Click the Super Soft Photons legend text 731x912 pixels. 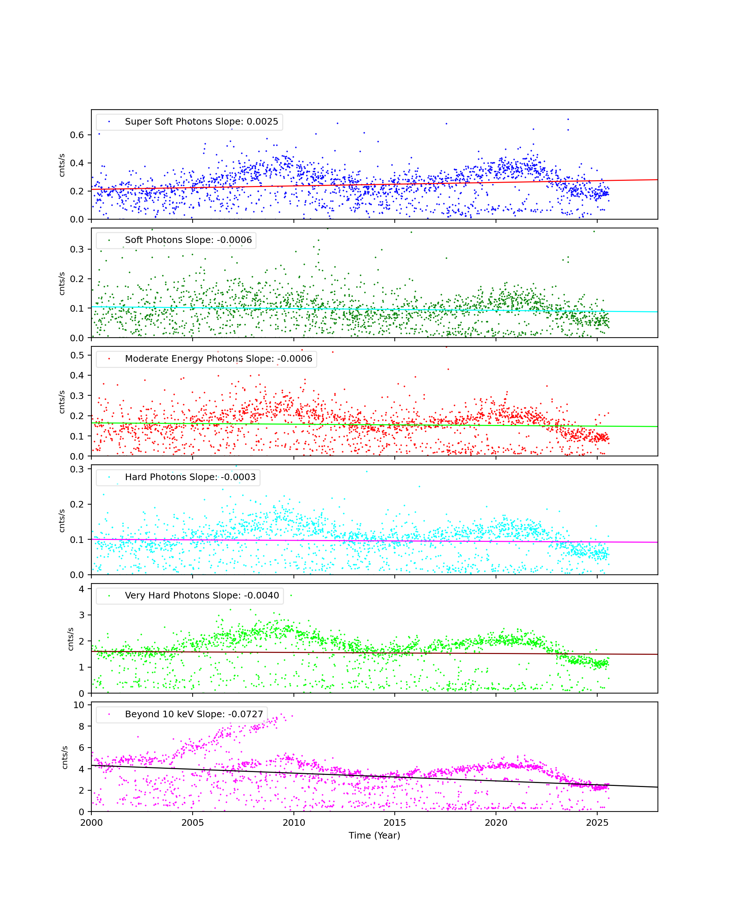click(x=201, y=122)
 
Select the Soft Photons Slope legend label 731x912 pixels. click(x=188, y=240)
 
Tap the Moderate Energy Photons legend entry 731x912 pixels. click(x=218, y=359)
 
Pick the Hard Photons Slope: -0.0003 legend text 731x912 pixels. click(x=190, y=477)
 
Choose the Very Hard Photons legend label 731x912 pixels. click(x=202, y=596)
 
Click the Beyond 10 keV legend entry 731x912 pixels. click(x=194, y=714)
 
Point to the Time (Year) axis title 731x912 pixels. click(x=374, y=835)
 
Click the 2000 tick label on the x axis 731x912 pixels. click(x=91, y=823)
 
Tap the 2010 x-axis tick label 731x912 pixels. click(x=293, y=823)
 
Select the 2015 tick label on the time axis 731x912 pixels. click(x=395, y=823)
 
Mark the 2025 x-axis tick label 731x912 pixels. click(x=597, y=823)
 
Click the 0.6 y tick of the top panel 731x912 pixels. click(x=77, y=135)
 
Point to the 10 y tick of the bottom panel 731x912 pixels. click(x=79, y=705)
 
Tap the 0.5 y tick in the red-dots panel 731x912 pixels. click(x=77, y=355)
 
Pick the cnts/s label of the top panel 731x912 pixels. click(x=62, y=165)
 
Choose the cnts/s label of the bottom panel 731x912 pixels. click(x=64, y=757)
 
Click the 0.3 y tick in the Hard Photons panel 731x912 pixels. click(x=77, y=469)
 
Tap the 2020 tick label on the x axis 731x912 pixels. click(x=496, y=823)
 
